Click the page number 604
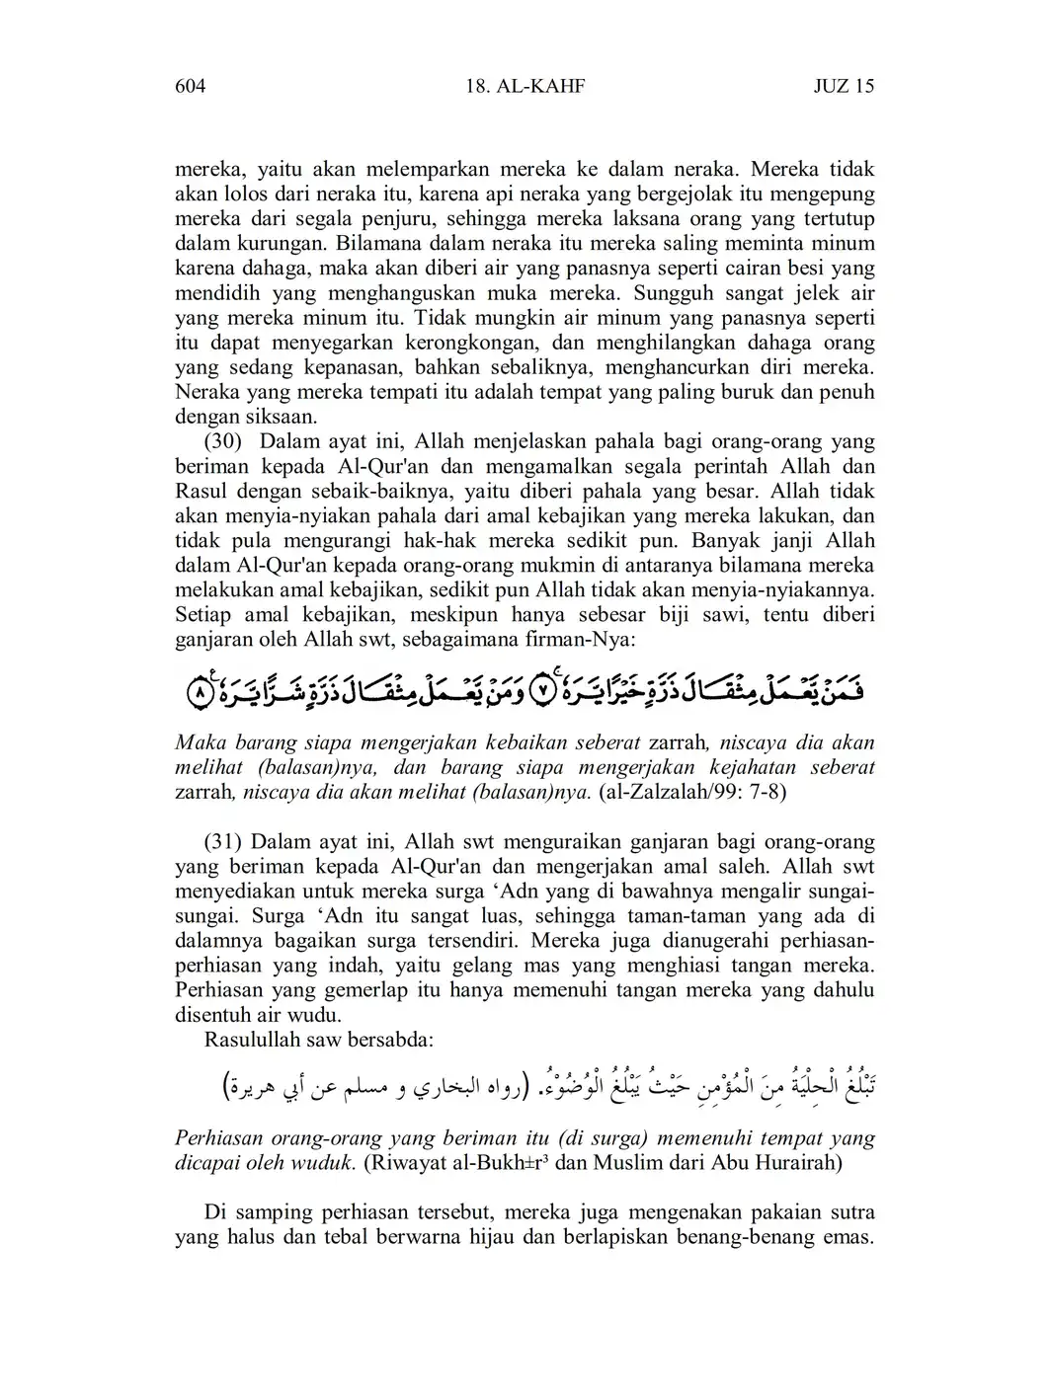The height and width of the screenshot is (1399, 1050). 190,87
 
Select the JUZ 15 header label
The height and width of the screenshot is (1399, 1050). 844,87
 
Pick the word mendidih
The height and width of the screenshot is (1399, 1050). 215,293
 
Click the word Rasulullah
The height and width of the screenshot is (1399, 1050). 255,1040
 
